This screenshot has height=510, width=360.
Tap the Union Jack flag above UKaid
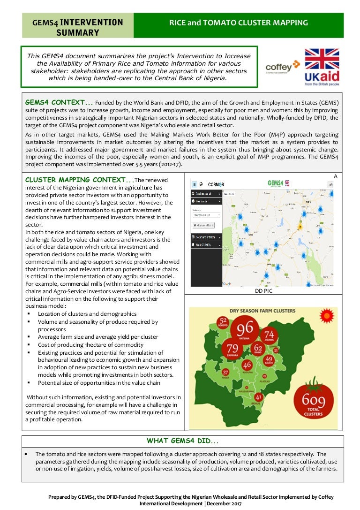tap(322, 59)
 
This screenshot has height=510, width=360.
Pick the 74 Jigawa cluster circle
tap(270, 336)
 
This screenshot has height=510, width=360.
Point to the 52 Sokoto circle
tap(223, 323)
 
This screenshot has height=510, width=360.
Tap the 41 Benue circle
tap(258, 399)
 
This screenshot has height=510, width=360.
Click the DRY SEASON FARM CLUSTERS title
tap(262, 311)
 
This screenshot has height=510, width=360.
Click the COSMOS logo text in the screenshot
tap(216, 184)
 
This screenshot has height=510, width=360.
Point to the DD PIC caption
tap(263, 291)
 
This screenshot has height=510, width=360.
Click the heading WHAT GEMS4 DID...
tap(182, 441)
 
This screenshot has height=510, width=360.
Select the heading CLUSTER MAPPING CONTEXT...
tap(79, 180)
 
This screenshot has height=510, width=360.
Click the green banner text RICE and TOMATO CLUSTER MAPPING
tap(238, 23)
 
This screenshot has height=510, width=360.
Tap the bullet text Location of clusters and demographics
tap(87, 314)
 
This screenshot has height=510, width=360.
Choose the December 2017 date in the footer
tap(224, 503)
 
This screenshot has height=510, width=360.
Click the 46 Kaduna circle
tap(247, 365)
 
